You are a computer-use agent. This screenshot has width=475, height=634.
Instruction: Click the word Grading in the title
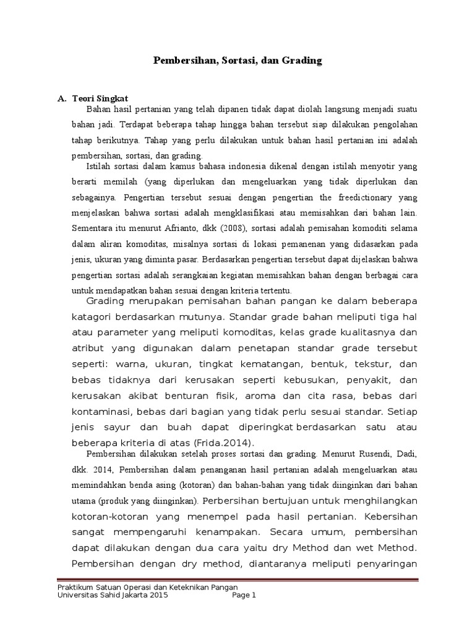pos(304,61)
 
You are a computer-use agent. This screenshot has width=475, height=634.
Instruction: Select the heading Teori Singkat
pos(100,98)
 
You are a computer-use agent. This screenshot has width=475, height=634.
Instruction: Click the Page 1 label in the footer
pos(244,596)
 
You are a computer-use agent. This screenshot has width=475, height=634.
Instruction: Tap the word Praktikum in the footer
pos(75,587)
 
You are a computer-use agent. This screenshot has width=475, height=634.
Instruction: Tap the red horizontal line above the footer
pos(237,580)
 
